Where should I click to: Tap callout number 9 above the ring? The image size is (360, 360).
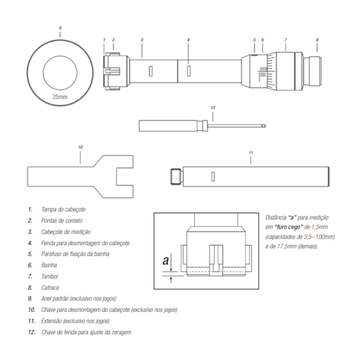[60, 27]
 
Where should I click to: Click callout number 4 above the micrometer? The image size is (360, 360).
[188, 40]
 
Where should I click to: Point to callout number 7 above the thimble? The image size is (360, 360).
[285, 40]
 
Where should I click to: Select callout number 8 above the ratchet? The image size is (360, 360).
[317, 40]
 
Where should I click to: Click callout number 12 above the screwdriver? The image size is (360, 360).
[213, 107]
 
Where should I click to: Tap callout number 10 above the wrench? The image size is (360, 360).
[80, 147]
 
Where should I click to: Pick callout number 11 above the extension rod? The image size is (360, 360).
[250, 152]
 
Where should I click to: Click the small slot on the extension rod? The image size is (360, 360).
[212, 177]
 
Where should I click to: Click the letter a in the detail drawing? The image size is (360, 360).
[164, 260]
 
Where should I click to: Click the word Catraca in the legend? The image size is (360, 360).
[51, 287]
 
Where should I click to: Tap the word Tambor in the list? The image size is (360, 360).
[50, 276]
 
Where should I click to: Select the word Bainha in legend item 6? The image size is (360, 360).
[50, 265]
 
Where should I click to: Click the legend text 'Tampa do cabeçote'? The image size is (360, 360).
[64, 209]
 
